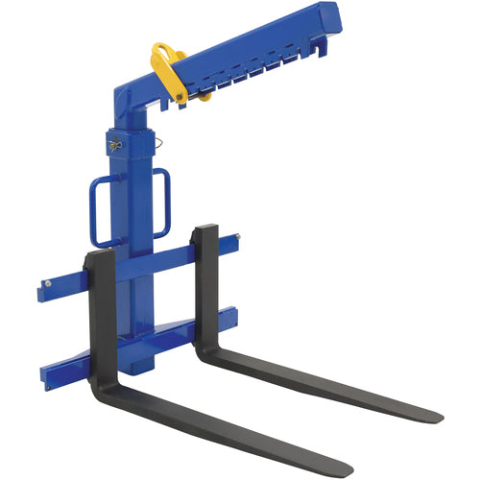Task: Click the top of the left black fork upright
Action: pos(98,254)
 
